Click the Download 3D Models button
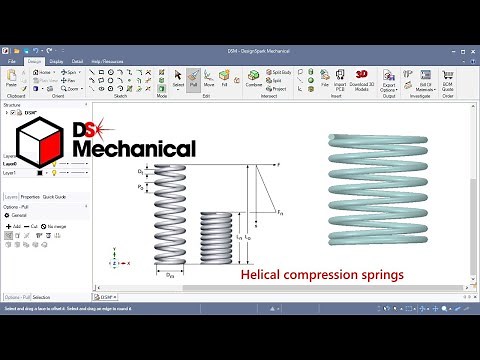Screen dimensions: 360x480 click(x=361, y=79)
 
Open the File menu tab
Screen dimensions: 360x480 click(x=13, y=61)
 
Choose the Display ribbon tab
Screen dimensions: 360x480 click(x=56, y=61)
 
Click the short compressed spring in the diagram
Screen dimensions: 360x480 click(x=217, y=239)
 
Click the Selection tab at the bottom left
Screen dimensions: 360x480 click(x=42, y=297)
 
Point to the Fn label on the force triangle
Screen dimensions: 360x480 click(x=282, y=212)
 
